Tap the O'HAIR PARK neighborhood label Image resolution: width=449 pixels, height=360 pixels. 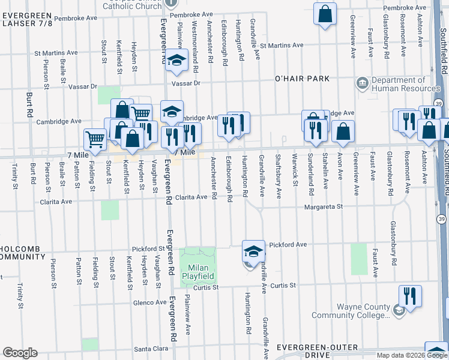[302, 79]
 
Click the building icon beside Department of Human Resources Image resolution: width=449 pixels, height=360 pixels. [362, 83]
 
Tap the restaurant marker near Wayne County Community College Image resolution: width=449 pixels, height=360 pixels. [410, 296]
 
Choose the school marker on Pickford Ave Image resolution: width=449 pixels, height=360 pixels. [253, 251]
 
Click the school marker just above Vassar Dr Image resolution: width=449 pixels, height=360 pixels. [177, 60]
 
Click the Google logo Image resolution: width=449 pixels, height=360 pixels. [20, 353]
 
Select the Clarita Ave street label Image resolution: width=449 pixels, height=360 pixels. [191, 197]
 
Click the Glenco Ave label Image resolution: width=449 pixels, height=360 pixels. [149, 302]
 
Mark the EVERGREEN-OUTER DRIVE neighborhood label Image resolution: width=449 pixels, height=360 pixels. [318, 352]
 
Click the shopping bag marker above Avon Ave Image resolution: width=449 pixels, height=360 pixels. [343, 131]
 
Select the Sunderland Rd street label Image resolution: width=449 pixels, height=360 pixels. [310, 175]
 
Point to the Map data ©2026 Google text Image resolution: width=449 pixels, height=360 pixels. [411, 355]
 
